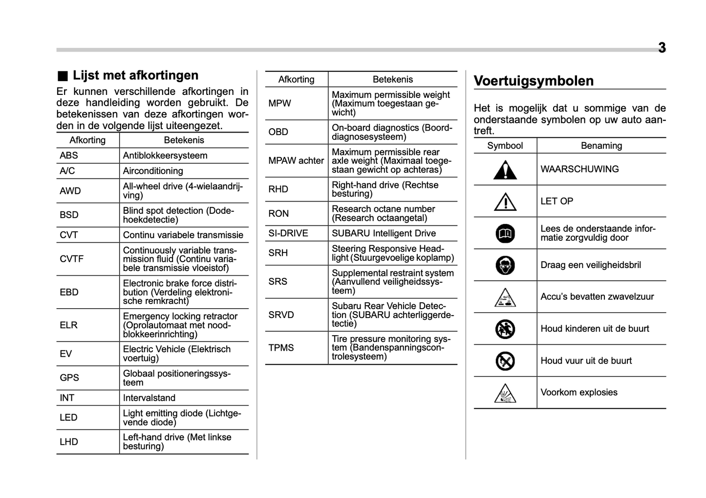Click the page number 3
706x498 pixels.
click(x=662, y=48)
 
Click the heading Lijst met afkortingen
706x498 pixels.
click(x=135, y=75)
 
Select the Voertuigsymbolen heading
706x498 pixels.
click(x=534, y=81)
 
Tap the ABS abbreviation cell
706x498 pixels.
click(x=69, y=156)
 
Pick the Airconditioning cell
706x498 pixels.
click(x=153, y=171)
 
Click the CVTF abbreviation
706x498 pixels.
click(x=71, y=259)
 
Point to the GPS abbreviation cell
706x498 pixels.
click(x=69, y=378)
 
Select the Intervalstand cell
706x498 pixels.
click(x=149, y=398)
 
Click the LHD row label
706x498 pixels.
click(x=69, y=442)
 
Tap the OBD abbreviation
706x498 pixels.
click(x=278, y=132)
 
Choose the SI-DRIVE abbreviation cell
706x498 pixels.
click(x=288, y=233)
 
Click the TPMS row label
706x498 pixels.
click(x=281, y=348)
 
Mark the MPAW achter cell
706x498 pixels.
click(x=296, y=160)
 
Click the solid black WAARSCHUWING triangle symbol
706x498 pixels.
click(x=505, y=170)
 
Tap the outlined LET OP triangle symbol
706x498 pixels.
click(x=505, y=202)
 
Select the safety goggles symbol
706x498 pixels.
click(x=505, y=265)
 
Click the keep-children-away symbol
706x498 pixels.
click(x=505, y=329)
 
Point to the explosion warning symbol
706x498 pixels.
click(x=505, y=393)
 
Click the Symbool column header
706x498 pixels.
click(x=505, y=146)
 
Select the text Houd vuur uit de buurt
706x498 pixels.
click(x=586, y=361)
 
